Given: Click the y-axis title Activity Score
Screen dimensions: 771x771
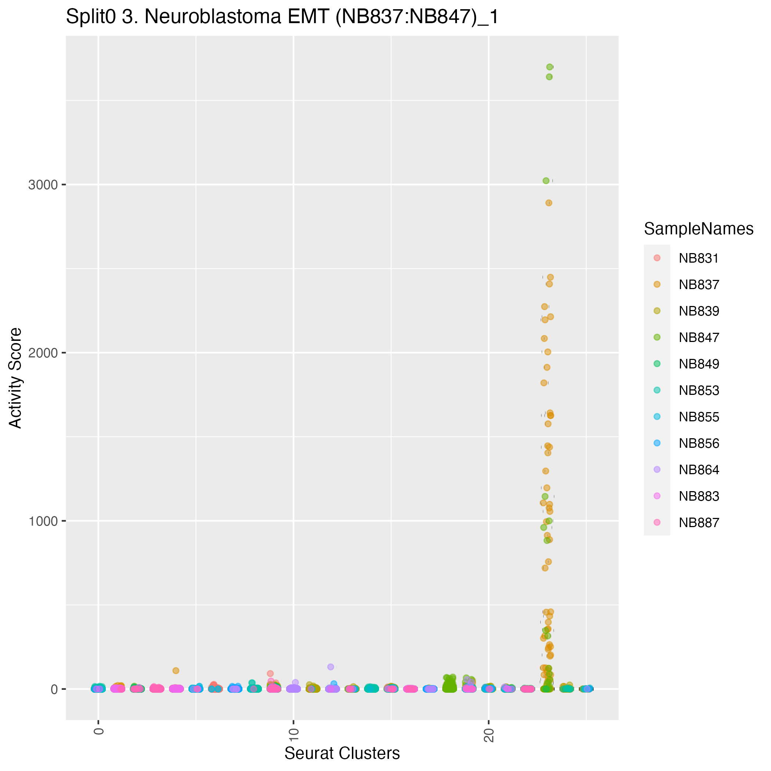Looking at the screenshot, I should pyautogui.click(x=16, y=378).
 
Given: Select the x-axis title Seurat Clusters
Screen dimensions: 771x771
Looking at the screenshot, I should pyautogui.click(x=342, y=753).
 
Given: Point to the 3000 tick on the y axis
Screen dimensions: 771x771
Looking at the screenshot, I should pyautogui.click(x=43, y=185).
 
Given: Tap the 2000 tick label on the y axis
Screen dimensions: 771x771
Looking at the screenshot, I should pyautogui.click(x=43, y=353).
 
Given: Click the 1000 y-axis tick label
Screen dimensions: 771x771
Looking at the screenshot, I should pyautogui.click(x=43, y=521).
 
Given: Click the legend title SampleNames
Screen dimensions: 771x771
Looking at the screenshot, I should pyautogui.click(x=698, y=229).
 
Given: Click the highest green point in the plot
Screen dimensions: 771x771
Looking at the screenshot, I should pyautogui.click(x=550, y=67).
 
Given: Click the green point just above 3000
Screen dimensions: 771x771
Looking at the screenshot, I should pyautogui.click(x=546, y=181).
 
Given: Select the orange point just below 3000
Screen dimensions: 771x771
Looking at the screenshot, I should pyautogui.click(x=549, y=203).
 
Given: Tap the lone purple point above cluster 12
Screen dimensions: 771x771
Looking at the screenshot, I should pyautogui.click(x=331, y=667).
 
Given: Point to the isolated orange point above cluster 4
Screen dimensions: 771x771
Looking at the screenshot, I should pyautogui.click(x=176, y=670).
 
